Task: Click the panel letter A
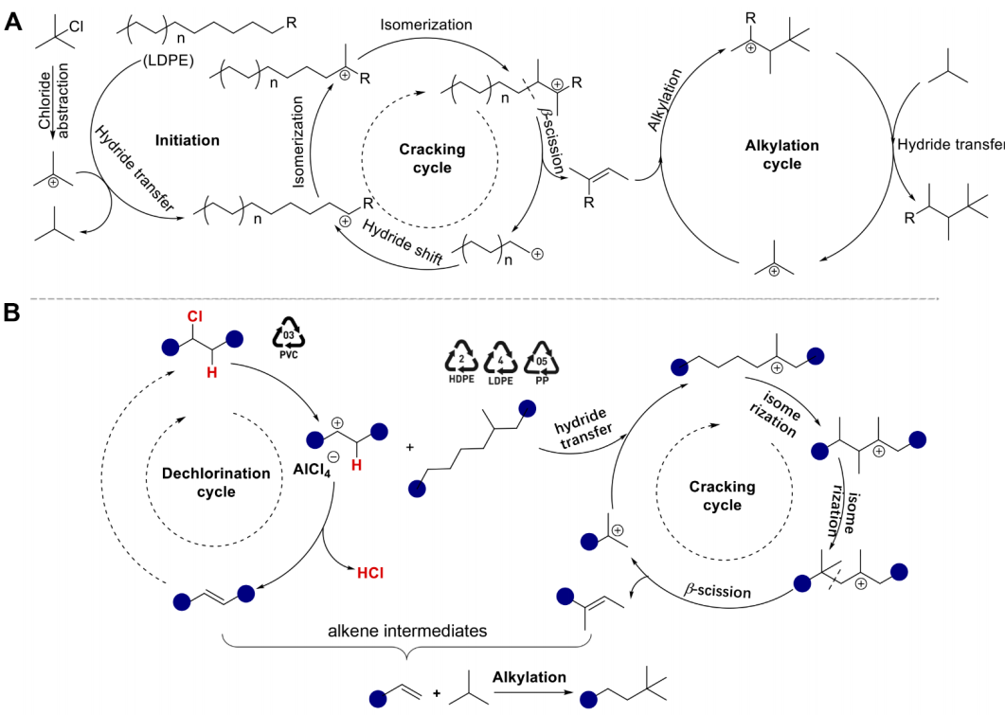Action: pyautogui.click(x=13, y=23)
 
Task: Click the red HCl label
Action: pyautogui.click(x=369, y=572)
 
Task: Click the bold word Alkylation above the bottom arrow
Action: pyautogui.click(x=529, y=677)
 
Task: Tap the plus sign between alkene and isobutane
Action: pyautogui.click(x=437, y=694)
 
